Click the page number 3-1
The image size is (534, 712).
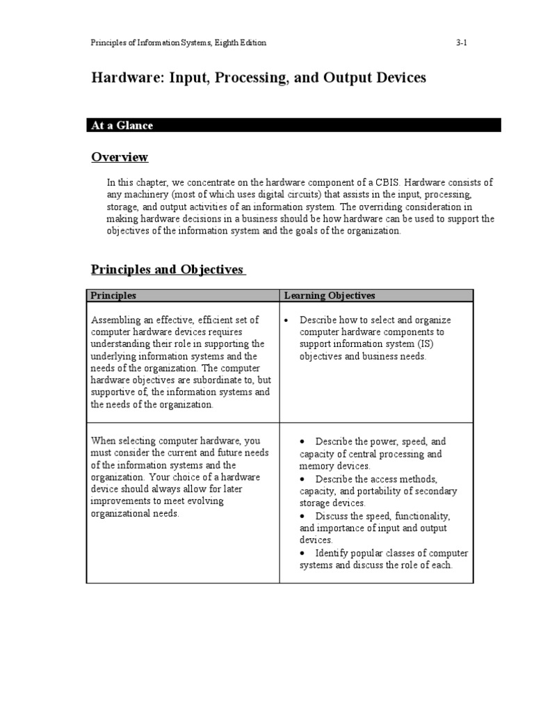click(461, 43)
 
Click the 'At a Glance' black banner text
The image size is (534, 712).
click(122, 125)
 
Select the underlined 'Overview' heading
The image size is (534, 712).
click(120, 157)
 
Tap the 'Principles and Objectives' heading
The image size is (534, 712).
click(168, 270)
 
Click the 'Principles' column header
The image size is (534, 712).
click(113, 296)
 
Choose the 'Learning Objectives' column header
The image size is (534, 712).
click(329, 296)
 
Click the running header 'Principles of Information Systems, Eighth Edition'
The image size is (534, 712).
click(179, 43)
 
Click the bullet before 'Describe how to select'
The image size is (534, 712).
click(287, 321)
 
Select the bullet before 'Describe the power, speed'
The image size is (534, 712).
click(303, 442)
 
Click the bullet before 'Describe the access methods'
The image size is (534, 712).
click(303, 479)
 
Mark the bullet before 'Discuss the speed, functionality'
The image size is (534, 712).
click(303, 516)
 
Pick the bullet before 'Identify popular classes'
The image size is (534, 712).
click(303, 553)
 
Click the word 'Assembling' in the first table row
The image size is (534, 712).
click(115, 320)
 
